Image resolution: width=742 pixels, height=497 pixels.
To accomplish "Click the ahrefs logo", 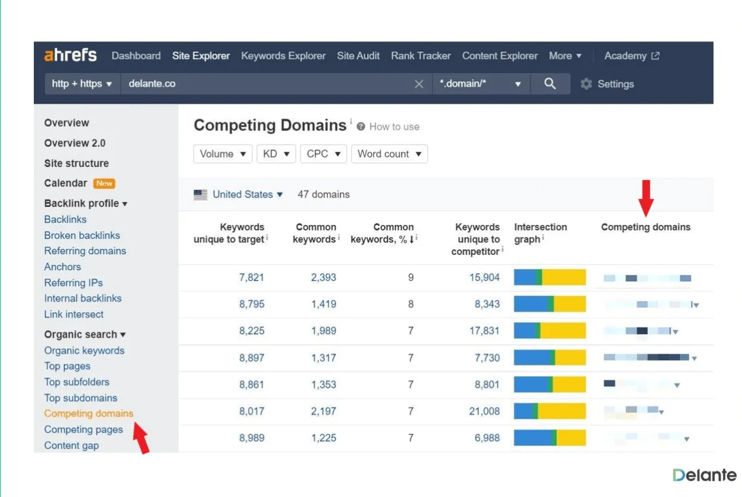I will pyautogui.click(x=70, y=56).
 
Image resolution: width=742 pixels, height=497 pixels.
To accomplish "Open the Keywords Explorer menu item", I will pyautogui.click(x=283, y=56).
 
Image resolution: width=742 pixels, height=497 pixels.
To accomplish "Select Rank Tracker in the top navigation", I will pyautogui.click(x=420, y=56).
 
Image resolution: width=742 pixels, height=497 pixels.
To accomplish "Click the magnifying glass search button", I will pyautogui.click(x=550, y=84).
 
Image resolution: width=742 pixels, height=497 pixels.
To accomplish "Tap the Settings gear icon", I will pyautogui.click(x=586, y=84).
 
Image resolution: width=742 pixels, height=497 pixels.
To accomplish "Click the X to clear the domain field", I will pyautogui.click(x=419, y=84).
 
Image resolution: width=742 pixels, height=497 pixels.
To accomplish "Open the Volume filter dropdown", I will pyautogui.click(x=223, y=153).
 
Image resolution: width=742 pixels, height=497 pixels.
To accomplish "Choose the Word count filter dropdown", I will pyautogui.click(x=389, y=153).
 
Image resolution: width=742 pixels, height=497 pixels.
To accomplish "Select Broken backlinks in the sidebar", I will pyautogui.click(x=82, y=235).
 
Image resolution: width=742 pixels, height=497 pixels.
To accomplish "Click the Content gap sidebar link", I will pyautogui.click(x=71, y=445).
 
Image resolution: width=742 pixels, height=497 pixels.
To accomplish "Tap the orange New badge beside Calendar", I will pyautogui.click(x=104, y=184).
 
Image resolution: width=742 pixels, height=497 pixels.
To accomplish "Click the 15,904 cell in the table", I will pyautogui.click(x=484, y=277).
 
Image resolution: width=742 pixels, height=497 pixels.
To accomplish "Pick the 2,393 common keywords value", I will pyautogui.click(x=323, y=277).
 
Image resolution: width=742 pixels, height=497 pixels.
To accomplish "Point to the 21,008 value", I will pyautogui.click(x=484, y=411).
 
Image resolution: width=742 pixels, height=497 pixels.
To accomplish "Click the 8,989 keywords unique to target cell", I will pyautogui.click(x=252, y=438).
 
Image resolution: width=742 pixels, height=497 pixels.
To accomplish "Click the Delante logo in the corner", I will pyautogui.click(x=704, y=475).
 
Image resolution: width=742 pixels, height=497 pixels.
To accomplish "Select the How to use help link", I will pyautogui.click(x=394, y=127).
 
